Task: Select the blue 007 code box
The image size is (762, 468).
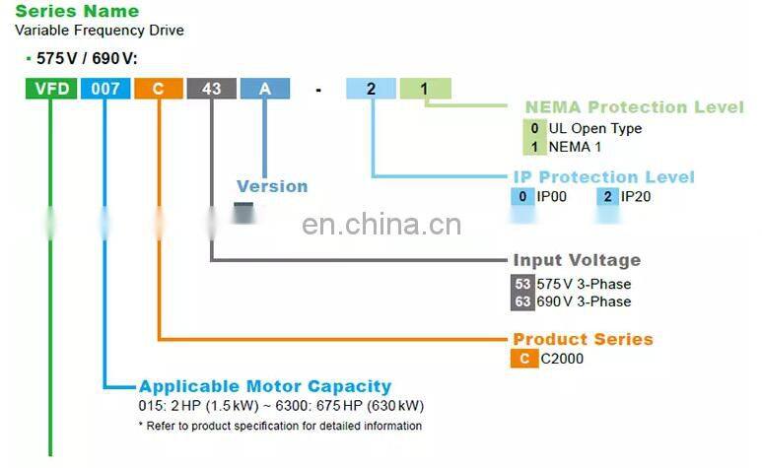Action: click(104, 89)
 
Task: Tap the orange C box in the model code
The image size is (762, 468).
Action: click(158, 89)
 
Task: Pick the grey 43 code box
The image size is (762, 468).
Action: click(211, 89)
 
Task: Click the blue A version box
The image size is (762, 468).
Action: click(264, 89)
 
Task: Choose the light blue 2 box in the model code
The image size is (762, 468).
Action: click(371, 89)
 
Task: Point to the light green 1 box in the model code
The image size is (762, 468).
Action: click(425, 89)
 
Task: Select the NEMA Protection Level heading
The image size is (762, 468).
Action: click(634, 107)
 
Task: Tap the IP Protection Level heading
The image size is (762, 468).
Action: click(603, 177)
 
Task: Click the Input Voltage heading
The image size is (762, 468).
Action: click(577, 260)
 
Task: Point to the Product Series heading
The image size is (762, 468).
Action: click(583, 339)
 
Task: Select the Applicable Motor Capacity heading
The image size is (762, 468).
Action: click(264, 386)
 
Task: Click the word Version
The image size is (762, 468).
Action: click(272, 186)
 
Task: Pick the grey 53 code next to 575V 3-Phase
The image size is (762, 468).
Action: click(522, 284)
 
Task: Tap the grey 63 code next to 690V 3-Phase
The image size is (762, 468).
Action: click(522, 301)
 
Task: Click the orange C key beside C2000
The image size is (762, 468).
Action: click(523, 359)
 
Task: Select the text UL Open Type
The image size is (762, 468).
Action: click(594, 128)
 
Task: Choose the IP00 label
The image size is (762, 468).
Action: click(552, 197)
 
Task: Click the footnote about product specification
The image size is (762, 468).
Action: click(280, 426)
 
